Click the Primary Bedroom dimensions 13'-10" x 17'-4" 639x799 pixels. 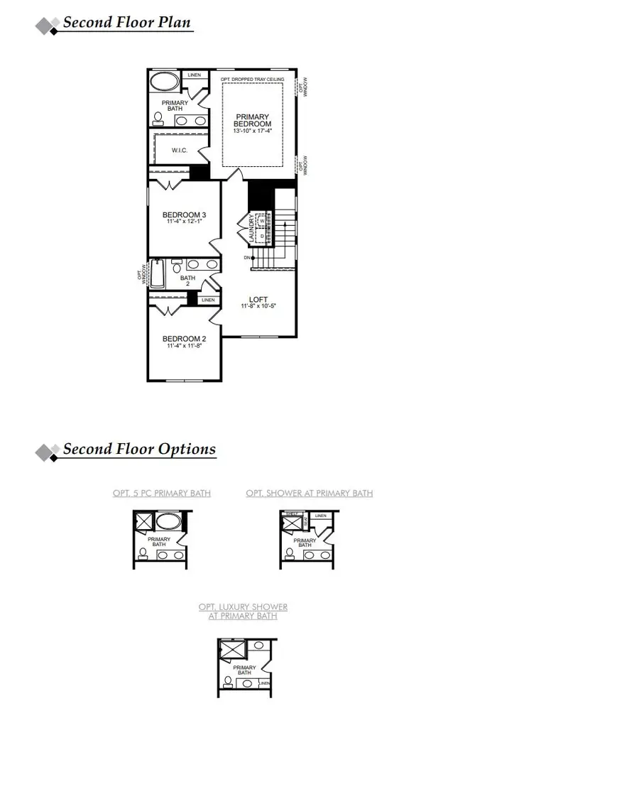point(252,131)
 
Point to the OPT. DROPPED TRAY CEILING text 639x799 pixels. point(252,79)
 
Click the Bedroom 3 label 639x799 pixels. point(185,215)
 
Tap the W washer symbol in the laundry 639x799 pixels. point(261,221)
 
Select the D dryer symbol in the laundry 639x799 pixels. point(261,234)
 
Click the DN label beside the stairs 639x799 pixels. point(246,257)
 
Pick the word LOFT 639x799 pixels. point(258,299)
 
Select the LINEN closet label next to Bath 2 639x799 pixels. point(208,300)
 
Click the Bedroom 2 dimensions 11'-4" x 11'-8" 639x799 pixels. point(185,347)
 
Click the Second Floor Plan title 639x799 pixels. point(127,22)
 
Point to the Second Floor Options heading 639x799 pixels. point(139,450)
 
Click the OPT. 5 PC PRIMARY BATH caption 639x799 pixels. point(162,493)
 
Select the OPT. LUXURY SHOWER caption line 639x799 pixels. point(243,607)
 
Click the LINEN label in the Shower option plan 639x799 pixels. point(321,516)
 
